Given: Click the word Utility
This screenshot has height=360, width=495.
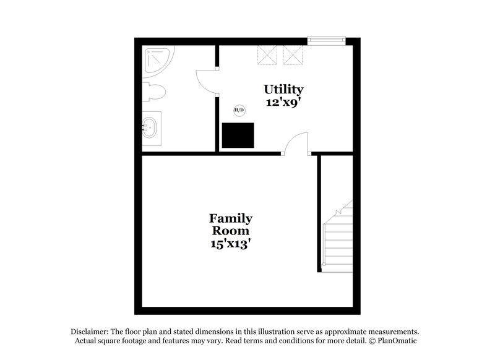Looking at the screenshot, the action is pos(283,90).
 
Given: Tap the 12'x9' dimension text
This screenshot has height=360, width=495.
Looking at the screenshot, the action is pos(283,103).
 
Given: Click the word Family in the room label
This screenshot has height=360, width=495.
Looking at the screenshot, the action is pos(231,218).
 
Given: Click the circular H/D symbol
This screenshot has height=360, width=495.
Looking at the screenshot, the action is pos(239,111).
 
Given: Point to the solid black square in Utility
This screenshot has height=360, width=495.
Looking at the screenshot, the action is pos(238,135).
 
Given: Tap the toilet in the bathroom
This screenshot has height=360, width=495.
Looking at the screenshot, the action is pos(153,92).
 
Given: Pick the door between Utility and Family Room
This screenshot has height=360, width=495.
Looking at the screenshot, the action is pos(296,144).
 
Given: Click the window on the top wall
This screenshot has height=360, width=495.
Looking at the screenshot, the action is pos(327,40).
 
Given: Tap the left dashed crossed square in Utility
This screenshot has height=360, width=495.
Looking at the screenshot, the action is pos(267,55).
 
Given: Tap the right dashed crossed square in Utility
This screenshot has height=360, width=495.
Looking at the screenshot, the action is pos(293,55).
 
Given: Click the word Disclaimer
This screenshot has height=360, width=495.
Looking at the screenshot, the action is pos(90,332).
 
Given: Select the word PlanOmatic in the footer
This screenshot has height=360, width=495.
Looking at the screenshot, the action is pos(397,341).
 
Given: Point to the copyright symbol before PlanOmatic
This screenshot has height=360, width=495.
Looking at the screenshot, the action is pos(372,341).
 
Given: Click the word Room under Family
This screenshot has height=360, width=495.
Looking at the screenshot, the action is pos(230,231).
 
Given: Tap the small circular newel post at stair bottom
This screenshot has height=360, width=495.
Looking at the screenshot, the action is pos(324,264).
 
